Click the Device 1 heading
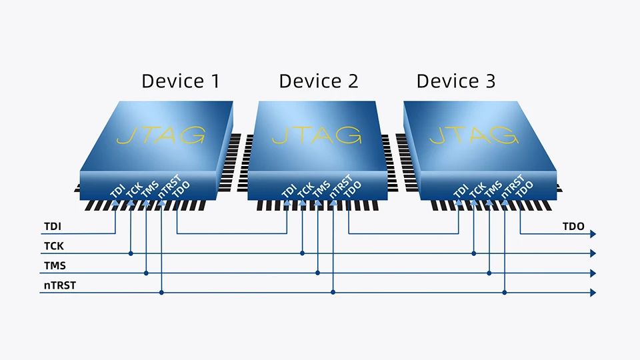[180, 81]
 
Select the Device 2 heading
[318, 81]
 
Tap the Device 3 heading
[456, 81]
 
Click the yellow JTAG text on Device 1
[160, 134]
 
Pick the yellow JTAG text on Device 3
[473, 134]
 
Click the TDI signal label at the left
[53, 227]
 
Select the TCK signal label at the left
[54, 246]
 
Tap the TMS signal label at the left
[55, 265]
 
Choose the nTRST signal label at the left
[58, 285]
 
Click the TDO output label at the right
[573, 227]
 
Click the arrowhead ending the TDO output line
[592, 234]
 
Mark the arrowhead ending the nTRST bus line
[592, 292]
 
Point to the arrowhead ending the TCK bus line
[592, 253]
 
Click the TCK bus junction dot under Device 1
[131, 253]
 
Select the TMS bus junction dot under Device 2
[317, 273]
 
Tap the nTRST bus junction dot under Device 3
[505, 292]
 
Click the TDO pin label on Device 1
[180, 189]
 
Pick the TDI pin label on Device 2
[289, 191]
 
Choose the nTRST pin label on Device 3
[512, 187]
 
